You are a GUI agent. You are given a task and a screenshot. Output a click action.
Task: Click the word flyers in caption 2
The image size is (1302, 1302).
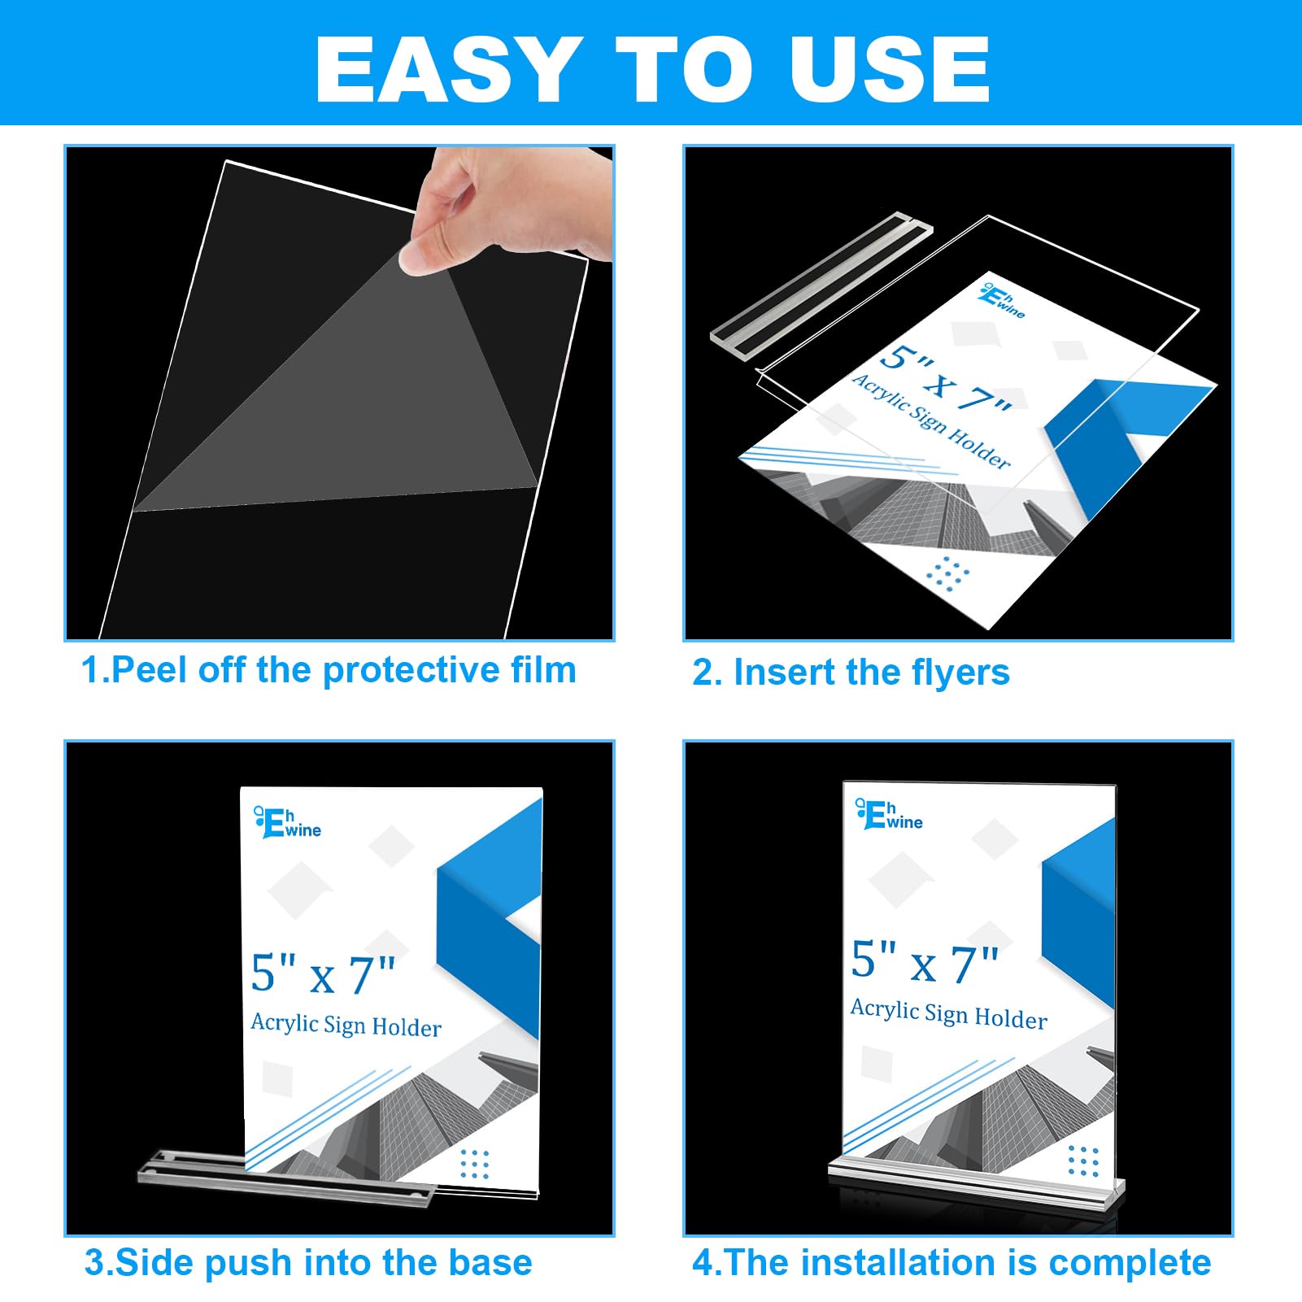click(960, 673)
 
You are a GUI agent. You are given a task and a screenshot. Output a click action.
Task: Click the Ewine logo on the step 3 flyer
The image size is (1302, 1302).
click(288, 822)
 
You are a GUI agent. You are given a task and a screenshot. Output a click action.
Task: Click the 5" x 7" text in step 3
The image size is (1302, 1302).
click(323, 973)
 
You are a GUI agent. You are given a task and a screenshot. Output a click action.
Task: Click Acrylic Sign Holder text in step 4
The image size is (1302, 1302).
click(948, 1014)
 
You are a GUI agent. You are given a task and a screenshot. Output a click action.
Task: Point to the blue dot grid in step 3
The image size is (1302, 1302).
click(475, 1164)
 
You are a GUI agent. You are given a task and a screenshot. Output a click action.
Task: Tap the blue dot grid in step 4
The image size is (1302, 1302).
click(1083, 1160)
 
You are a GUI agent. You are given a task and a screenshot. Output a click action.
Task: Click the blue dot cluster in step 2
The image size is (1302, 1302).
click(947, 573)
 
